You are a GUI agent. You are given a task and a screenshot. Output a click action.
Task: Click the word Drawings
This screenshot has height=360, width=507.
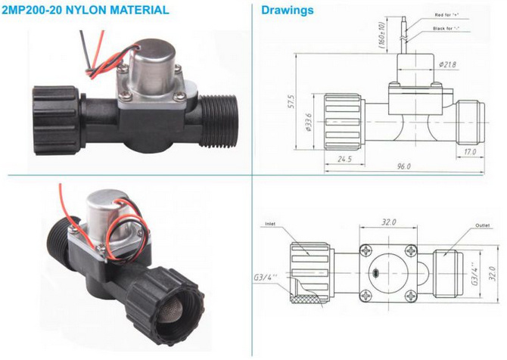coord(288,11)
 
